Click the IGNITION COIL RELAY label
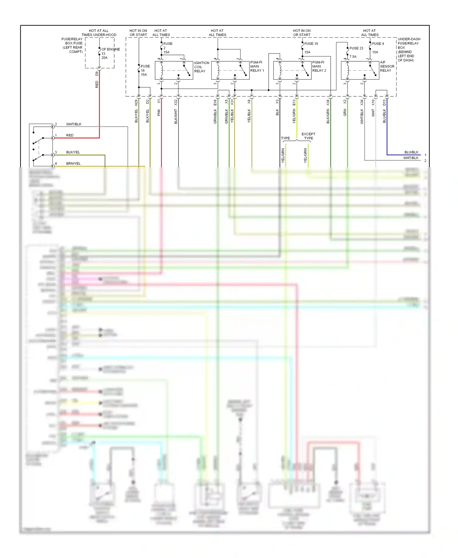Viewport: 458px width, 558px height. [x=202, y=67]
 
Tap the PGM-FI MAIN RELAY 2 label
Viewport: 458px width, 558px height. [x=319, y=66]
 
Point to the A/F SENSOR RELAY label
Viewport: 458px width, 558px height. [x=387, y=66]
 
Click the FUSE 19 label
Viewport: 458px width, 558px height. [x=311, y=44]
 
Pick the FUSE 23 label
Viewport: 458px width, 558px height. [x=356, y=48]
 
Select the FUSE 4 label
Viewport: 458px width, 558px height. [x=378, y=44]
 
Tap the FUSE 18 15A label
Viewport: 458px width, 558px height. [x=145, y=70]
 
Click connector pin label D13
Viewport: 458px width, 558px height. [x=384, y=103]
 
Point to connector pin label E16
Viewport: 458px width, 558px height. [x=215, y=103]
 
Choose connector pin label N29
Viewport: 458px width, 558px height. [x=136, y=103]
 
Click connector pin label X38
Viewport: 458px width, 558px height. [x=328, y=103]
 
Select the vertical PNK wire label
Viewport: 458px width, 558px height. [x=159, y=113]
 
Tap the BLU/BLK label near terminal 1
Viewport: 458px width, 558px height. [x=411, y=152]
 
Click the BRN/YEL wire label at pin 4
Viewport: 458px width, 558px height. [x=73, y=164]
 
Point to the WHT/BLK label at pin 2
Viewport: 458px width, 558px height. [x=74, y=124]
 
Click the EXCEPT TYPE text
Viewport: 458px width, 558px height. [x=308, y=136]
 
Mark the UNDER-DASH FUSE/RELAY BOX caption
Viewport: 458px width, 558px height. [x=409, y=49]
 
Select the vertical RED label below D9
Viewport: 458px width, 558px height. [x=97, y=85]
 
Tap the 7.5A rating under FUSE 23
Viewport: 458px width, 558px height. [x=353, y=57]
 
